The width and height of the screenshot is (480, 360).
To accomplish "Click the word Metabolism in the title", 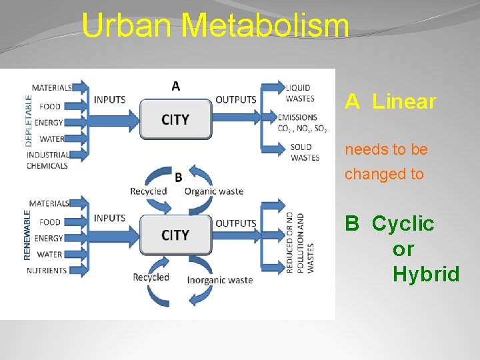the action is pyautogui.click(x=265, y=27).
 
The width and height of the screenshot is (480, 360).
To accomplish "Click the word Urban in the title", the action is pyautogui.click(x=127, y=27).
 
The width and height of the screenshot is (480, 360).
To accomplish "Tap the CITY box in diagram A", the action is pyautogui.click(x=175, y=119).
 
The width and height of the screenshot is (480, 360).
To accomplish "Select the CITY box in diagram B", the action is pyautogui.click(x=175, y=235).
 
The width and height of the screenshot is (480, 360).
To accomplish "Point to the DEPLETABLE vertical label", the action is pyautogui.click(x=29, y=120).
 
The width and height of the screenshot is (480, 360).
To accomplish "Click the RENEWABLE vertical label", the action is pyautogui.click(x=27, y=235).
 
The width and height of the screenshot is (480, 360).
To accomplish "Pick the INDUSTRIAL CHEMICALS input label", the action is pyautogui.click(x=47, y=161).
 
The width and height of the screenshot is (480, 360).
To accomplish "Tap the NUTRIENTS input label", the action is pyautogui.click(x=47, y=271).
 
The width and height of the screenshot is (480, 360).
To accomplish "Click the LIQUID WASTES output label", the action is pyautogui.click(x=300, y=93).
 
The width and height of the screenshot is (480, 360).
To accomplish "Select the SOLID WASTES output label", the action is pyautogui.click(x=305, y=153).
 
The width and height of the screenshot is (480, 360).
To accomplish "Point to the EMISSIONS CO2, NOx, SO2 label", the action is pyautogui.click(x=303, y=123).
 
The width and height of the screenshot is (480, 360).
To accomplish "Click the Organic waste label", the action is pyautogui.click(x=214, y=191).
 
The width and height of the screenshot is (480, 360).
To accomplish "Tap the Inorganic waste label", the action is pyautogui.click(x=219, y=280).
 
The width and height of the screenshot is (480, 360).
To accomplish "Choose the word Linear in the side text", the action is pyautogui.click(x=404, y=102).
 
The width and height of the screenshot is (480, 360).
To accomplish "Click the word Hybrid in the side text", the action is pyautogui.click(x=426, y=274).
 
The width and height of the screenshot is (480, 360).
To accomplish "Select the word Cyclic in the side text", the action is pyautogui.click(x=403, y=223).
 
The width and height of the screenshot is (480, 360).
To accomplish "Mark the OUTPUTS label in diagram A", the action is pyautogui.click(x=235, y=100).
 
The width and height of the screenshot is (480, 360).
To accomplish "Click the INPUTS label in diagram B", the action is pyautogui.click(x=109, y=218).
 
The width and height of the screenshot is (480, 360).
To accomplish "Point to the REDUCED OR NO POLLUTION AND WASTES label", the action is pyautogui.click(x=299, y=243).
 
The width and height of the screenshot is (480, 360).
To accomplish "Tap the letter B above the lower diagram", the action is pyautogui.click(x=178, y=177).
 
